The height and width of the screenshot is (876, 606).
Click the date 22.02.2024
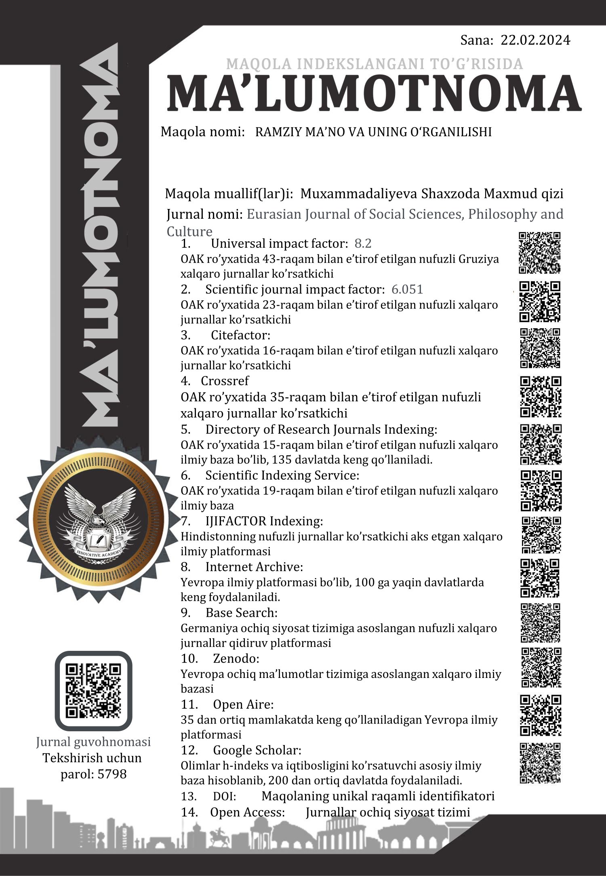(x=535, y=40)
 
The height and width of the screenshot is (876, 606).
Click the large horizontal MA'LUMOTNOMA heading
(x=374, y=94)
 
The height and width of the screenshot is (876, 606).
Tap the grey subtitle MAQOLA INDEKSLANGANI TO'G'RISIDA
(x=375, y=64)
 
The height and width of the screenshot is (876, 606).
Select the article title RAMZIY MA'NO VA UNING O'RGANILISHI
(x=373, y=132)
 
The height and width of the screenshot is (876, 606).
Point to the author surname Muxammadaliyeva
(x=359, y=194)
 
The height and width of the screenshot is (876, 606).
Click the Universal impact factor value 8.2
(x=363, y=243)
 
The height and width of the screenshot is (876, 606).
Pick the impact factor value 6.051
(x=407, y=289)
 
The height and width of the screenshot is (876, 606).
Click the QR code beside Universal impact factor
(x=540, y=253)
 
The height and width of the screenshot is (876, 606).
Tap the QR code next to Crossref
(x=541, y=397)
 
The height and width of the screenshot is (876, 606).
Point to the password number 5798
(x=112, y=774)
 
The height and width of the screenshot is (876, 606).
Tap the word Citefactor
(x=240, y=335)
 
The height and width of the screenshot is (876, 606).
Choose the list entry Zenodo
(x=236, y=659)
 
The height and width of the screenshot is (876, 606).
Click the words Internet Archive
(x=254, y=567)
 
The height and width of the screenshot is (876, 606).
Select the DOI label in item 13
(x=224, y=796)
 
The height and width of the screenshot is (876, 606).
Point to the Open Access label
(x=247, y=812)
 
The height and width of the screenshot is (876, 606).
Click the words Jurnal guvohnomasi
(x=93, y=742)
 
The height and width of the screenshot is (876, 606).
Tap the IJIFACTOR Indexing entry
(x=264, y=521)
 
